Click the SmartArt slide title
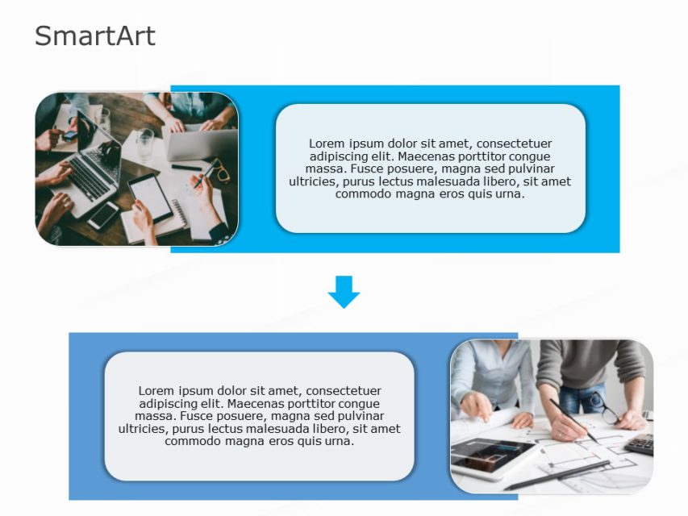click(94, 36)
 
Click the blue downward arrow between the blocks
click(344, 291)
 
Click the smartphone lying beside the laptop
click(103, 215)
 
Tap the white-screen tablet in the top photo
click(151, 196)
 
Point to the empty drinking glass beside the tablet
click(144, 144)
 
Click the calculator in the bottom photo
click(640, 444)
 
